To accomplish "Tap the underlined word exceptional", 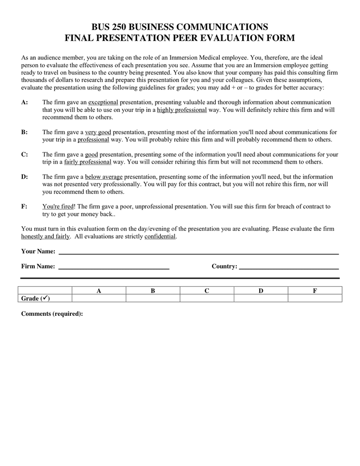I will point(103,103).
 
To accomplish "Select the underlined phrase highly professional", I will point(182,110).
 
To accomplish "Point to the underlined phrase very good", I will point(98,132).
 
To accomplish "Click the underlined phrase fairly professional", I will point(87,162).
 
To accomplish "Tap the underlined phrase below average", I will point(104,177).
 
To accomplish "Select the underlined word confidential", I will point(160,236).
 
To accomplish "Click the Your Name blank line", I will point(199,252).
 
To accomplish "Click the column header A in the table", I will point(99,290).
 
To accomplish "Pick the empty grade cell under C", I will point(207,298).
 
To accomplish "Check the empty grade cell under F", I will point(315,298).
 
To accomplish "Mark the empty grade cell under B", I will point(153,298).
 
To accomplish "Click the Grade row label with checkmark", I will point(36,298).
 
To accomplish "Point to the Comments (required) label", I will point(52,314).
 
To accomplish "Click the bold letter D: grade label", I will point(24,177).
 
